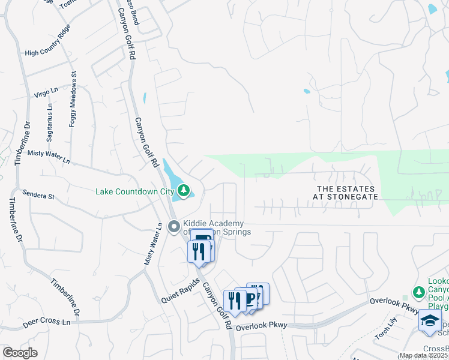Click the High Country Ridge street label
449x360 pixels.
pyautogui.click(x=49, y=41)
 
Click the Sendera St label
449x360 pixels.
pyautogui.click(x=38, y=196)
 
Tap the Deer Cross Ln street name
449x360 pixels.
pyautogui.click(x=47, y=322)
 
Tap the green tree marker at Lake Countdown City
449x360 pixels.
pyautogui.click(x=184, y=191)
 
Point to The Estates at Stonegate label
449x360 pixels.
pyautogui.click(x=348, y=193)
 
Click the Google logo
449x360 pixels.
pyautogui.click(x=20, y=353)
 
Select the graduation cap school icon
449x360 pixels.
pyautogui.click(x=430, y=321)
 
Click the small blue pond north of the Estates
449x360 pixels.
pyautogui.click(x=307, y=92)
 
